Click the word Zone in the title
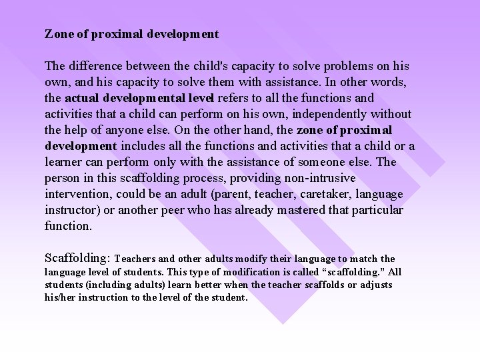57,33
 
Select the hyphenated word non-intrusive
311,178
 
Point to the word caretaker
333,194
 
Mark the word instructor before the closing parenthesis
71,210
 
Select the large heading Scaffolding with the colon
77,257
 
